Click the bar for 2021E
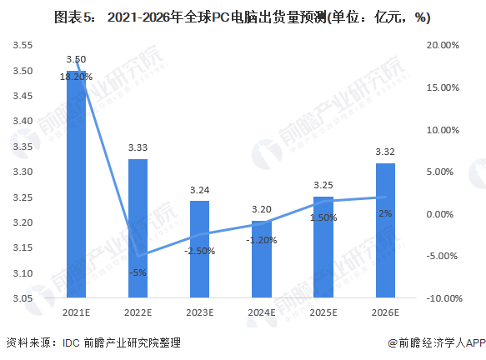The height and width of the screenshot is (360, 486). pos(76,184)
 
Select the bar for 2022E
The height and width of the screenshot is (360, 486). pos(138,228)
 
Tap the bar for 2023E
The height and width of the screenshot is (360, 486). pos(199,249)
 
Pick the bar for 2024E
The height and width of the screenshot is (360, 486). pos(262,259)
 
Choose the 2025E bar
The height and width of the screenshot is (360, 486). pos(323,247)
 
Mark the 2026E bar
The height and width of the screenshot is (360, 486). pos(385,231)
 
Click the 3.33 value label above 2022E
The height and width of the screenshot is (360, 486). pos(138,147)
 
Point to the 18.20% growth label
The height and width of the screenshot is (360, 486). pos(76,77)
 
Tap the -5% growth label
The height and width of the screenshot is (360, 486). pos(138,272)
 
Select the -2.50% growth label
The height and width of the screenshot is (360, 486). pos(199,251)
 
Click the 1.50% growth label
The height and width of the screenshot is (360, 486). pos(323,217)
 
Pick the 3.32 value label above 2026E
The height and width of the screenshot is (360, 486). pos(385,152)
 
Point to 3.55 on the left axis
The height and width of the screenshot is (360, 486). pos(23,45)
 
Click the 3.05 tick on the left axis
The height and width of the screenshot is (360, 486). pos(23,298)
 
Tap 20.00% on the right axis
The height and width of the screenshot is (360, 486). pos(443,45)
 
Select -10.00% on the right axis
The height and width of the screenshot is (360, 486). pos(444,298)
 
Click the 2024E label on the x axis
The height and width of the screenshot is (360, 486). pos(262,312)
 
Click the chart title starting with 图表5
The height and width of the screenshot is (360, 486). pos(243,17)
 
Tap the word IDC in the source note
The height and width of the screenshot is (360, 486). pos(71,343)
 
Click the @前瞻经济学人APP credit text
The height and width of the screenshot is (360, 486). pos(437,342)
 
